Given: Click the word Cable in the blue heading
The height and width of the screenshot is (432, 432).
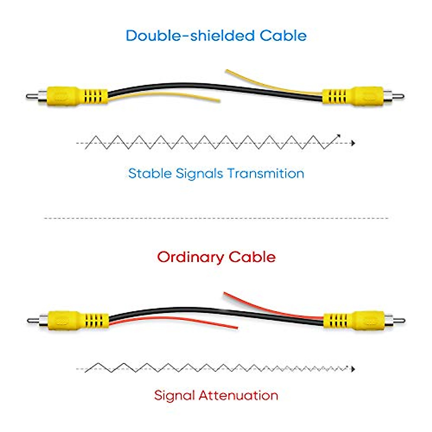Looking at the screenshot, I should [283, 36].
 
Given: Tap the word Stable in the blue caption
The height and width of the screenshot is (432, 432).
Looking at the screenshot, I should [150, 174].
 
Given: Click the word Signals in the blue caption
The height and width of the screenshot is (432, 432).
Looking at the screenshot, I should [199, 174].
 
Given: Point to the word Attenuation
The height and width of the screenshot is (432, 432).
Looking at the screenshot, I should [238, 395].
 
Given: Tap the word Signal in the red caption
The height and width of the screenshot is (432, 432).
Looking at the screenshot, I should [175, 395].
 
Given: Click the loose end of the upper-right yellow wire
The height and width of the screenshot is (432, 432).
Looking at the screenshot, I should [227, 71].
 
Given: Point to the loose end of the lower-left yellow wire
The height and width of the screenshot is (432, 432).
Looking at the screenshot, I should [219, 101].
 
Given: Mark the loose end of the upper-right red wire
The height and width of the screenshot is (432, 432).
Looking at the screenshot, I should [225, 293].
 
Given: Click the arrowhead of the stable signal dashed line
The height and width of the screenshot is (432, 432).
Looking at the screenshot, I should [353, 143].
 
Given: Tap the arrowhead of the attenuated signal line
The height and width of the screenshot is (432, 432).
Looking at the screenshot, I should [353, 369].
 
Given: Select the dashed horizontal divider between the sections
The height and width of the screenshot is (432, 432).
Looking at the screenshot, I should [216, 218].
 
